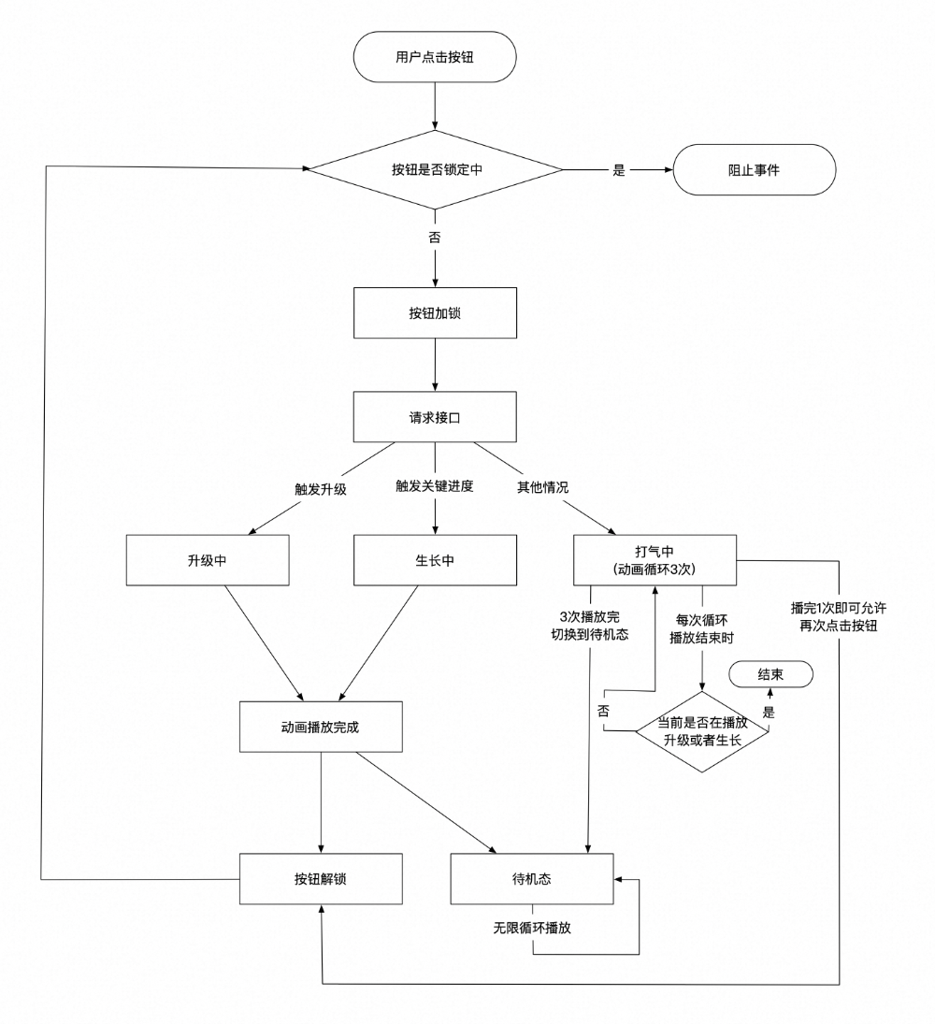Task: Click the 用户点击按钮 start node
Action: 435,57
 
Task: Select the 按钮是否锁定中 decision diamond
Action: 435,170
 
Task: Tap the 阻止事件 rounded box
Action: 754,170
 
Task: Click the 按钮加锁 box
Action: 435,313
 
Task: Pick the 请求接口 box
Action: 435,417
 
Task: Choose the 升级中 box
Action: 208,560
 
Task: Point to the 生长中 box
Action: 435,560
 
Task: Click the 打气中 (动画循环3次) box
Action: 654,560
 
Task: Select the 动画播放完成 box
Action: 321,726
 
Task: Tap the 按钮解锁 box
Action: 321,878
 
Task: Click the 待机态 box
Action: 532,878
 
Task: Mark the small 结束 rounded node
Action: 770,674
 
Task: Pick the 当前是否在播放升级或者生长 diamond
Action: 702,731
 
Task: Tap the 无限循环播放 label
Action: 532,930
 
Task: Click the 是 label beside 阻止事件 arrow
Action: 618,171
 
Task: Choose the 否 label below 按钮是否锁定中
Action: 435,238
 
